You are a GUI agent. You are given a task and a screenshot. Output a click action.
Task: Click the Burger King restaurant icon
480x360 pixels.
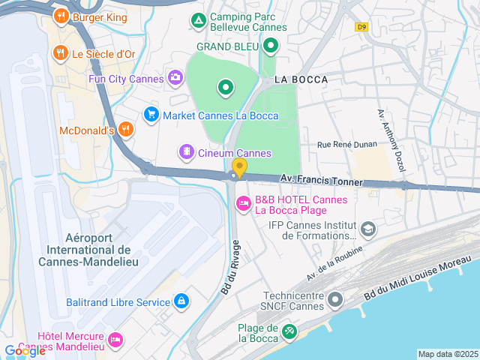pyautogui.click(x=61, y=16)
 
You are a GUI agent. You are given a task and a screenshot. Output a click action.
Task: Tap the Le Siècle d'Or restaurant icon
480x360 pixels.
pyautogui.click(x=61, y=53)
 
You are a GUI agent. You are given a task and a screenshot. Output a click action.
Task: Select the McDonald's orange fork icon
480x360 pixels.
pyautogui.click(x=125, y=130)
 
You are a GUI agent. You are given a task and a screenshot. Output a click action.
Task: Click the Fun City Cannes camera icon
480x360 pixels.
pyautogui.click(x=175, y=77)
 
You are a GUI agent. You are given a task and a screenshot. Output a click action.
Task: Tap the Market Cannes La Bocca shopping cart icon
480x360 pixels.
pyautogui.click(x=151, y=115)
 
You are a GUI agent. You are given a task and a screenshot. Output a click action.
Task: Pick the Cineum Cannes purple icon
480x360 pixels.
pyautogui.click(x=185, y=152)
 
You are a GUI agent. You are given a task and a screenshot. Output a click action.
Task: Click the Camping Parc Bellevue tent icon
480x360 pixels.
pyautogui.click(x=198, y=20)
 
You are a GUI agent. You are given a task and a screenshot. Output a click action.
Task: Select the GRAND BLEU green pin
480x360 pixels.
pyautogui.click(x=271, y=46)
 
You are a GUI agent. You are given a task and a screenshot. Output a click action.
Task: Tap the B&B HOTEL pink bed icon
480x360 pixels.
pyautogui.click(x=244, y=203)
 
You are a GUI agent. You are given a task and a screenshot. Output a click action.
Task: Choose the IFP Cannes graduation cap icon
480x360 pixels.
pyautogui.click(x=367, y=228)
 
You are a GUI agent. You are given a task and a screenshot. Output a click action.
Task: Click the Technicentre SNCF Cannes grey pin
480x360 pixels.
pyautogui.click(x=335, y=299)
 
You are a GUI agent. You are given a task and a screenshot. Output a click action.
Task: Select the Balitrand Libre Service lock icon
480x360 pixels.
pyautogui.click(x=181, y=301)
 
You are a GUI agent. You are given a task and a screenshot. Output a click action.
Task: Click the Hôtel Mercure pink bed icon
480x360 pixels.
pyautogui.click(x=115, y=340)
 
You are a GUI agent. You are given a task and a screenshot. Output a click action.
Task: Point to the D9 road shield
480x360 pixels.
pyautogui.click(x=363, y=26)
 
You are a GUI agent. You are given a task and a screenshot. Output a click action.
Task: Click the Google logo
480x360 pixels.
pyautogui.click(x=25, y=351)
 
